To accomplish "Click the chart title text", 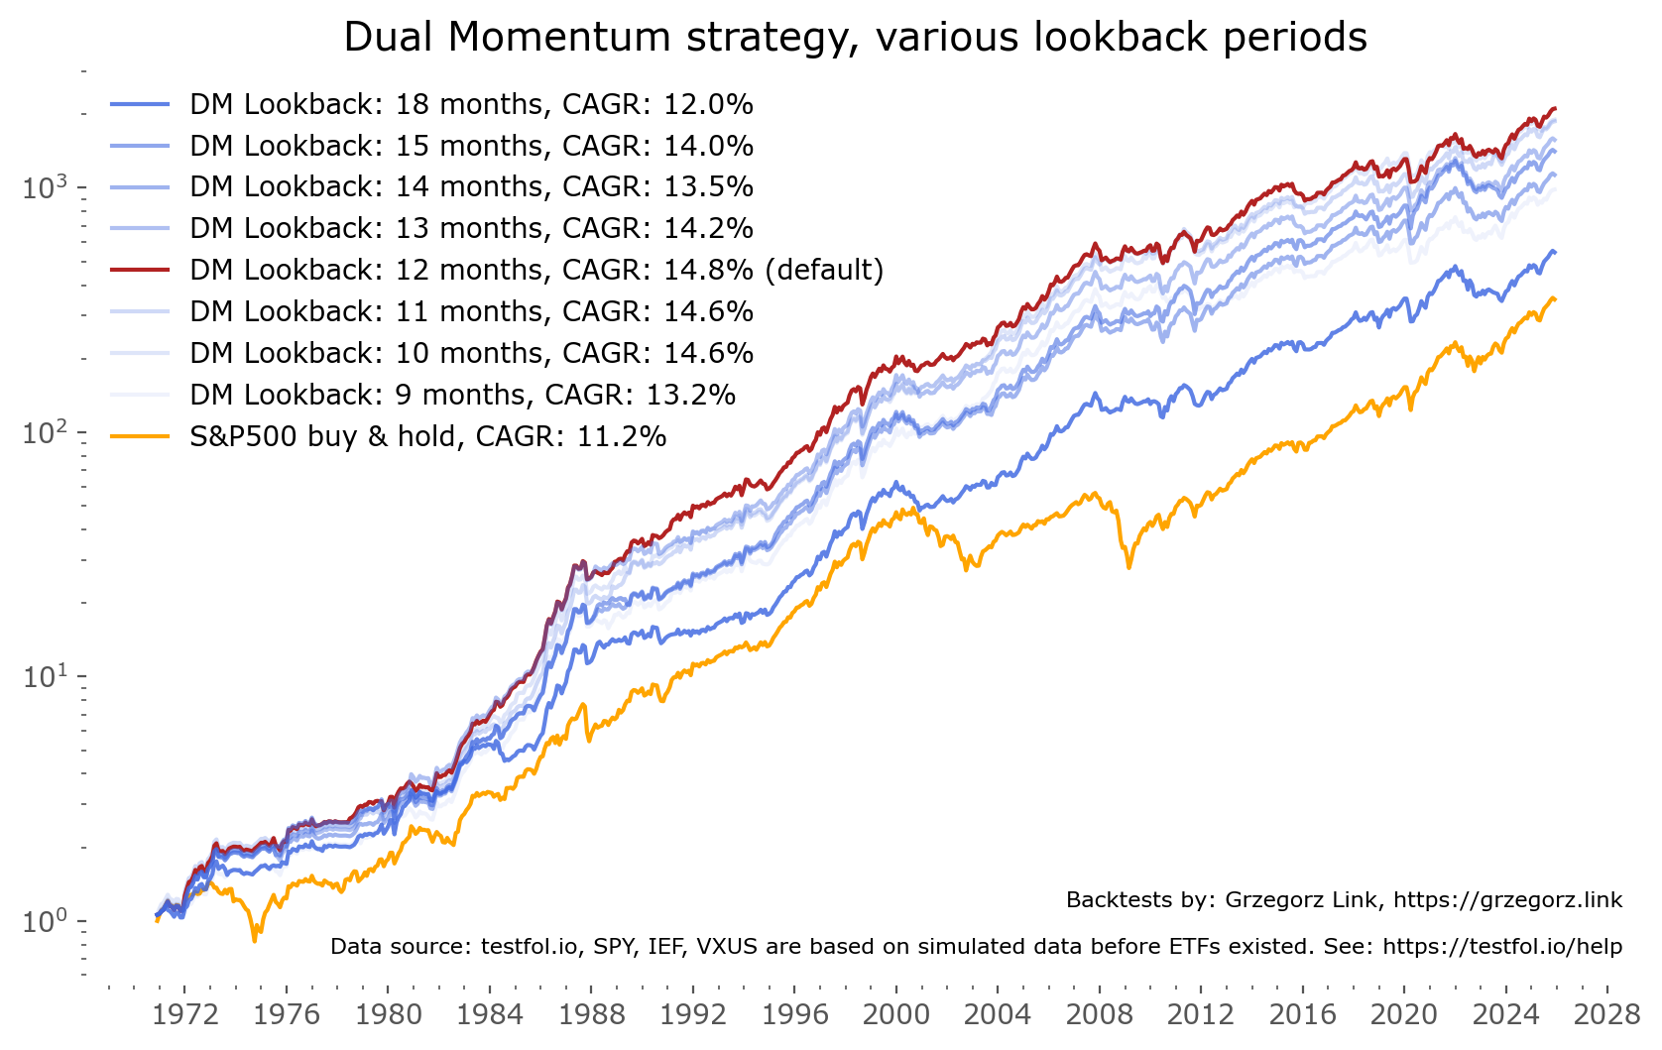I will click(x=855, y=38).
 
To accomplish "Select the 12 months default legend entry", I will click(x=535, y=270).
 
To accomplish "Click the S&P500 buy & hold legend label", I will click(x=427, y=436).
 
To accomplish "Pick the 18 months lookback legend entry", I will click(x=471, y=104).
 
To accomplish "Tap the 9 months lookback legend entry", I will click(x=462, y=395).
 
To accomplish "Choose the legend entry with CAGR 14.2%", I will click(x=471, y=228).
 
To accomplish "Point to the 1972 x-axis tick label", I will click(x=185, y=1014).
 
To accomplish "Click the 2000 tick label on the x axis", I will click(x=895, y=1014).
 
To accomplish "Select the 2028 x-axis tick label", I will click(x=1606, y=1014).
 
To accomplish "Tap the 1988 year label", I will click(x=591, y=1014).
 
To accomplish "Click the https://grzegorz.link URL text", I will click(x=1507, y=900).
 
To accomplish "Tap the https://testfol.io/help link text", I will click(x=1501, y=947).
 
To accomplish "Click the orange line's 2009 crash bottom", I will click(x=1128, y=567).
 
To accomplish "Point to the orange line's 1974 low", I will click(x=255, y=939).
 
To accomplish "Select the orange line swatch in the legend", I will click(x=140, y=436).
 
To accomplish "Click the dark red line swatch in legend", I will click(x=140, y=270).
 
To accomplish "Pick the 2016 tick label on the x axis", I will click(x=1302, y=1014).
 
